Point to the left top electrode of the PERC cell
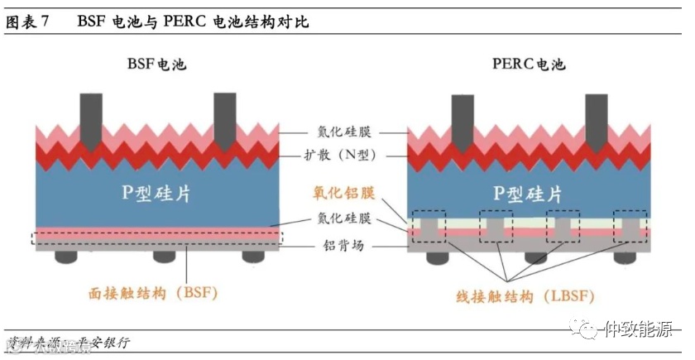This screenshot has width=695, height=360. pyautogui.click(x=462, y=115)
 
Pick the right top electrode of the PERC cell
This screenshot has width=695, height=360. pyautogui.click(x=596, y=115)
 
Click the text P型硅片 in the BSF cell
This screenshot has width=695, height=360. pyautogui.click(x=158, y=191)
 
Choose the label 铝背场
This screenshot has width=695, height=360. pyautogui.click(x=344, y=246)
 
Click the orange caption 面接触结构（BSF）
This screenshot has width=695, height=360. pyautogui.click(x=152, y=293)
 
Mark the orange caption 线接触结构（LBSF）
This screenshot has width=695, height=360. pyautogui.click(x=525, y=295)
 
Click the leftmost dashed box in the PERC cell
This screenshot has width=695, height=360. pyautogui.click(x=429, y=226)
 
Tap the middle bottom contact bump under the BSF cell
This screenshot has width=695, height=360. pyautogui.click(x=158, y=257)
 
